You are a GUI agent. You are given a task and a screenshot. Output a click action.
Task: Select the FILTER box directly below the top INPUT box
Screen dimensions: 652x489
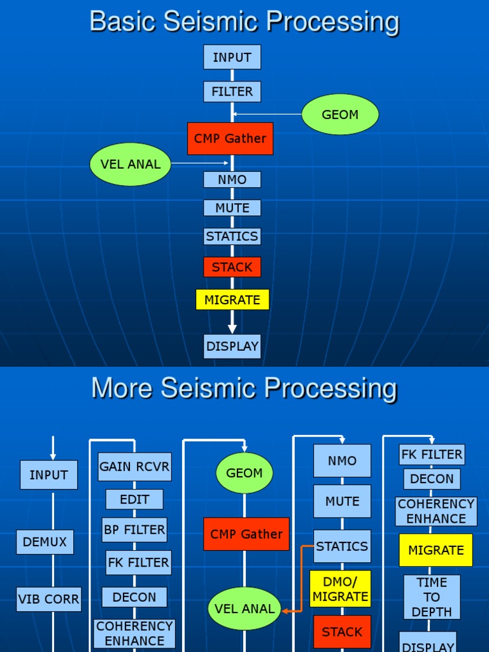232,92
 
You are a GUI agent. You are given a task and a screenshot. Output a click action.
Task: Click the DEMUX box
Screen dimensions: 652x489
45,542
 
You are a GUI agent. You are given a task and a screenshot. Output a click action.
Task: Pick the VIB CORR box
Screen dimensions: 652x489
49,599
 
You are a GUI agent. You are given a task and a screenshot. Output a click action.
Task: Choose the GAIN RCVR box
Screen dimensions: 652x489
134,467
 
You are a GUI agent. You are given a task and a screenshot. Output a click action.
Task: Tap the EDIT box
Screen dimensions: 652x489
134,499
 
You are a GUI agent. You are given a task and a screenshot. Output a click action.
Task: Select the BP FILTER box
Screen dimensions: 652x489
134,530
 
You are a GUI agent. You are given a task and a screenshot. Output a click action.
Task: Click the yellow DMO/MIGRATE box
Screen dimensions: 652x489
341,589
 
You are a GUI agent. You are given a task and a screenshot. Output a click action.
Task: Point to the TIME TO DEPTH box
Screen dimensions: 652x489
432,597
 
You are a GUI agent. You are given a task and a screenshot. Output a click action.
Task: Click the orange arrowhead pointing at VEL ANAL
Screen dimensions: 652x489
285,611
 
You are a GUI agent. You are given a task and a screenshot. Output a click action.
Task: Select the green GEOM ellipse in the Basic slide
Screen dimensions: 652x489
340,115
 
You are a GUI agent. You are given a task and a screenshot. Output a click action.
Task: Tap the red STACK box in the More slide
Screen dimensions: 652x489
342,632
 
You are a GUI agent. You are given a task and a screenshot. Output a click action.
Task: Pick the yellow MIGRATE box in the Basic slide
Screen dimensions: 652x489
232,299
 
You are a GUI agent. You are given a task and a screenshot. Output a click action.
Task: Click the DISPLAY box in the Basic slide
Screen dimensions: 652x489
232,346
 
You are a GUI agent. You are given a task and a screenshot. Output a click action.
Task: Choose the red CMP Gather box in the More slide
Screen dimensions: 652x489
246,534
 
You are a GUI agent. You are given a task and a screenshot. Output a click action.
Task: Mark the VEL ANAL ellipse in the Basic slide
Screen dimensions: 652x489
131,164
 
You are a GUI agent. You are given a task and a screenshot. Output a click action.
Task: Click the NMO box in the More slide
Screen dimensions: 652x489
342,461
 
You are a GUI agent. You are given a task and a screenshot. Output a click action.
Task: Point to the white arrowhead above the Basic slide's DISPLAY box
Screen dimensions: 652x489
232,328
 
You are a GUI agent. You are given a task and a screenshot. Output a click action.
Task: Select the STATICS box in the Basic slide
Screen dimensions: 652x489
232,236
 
